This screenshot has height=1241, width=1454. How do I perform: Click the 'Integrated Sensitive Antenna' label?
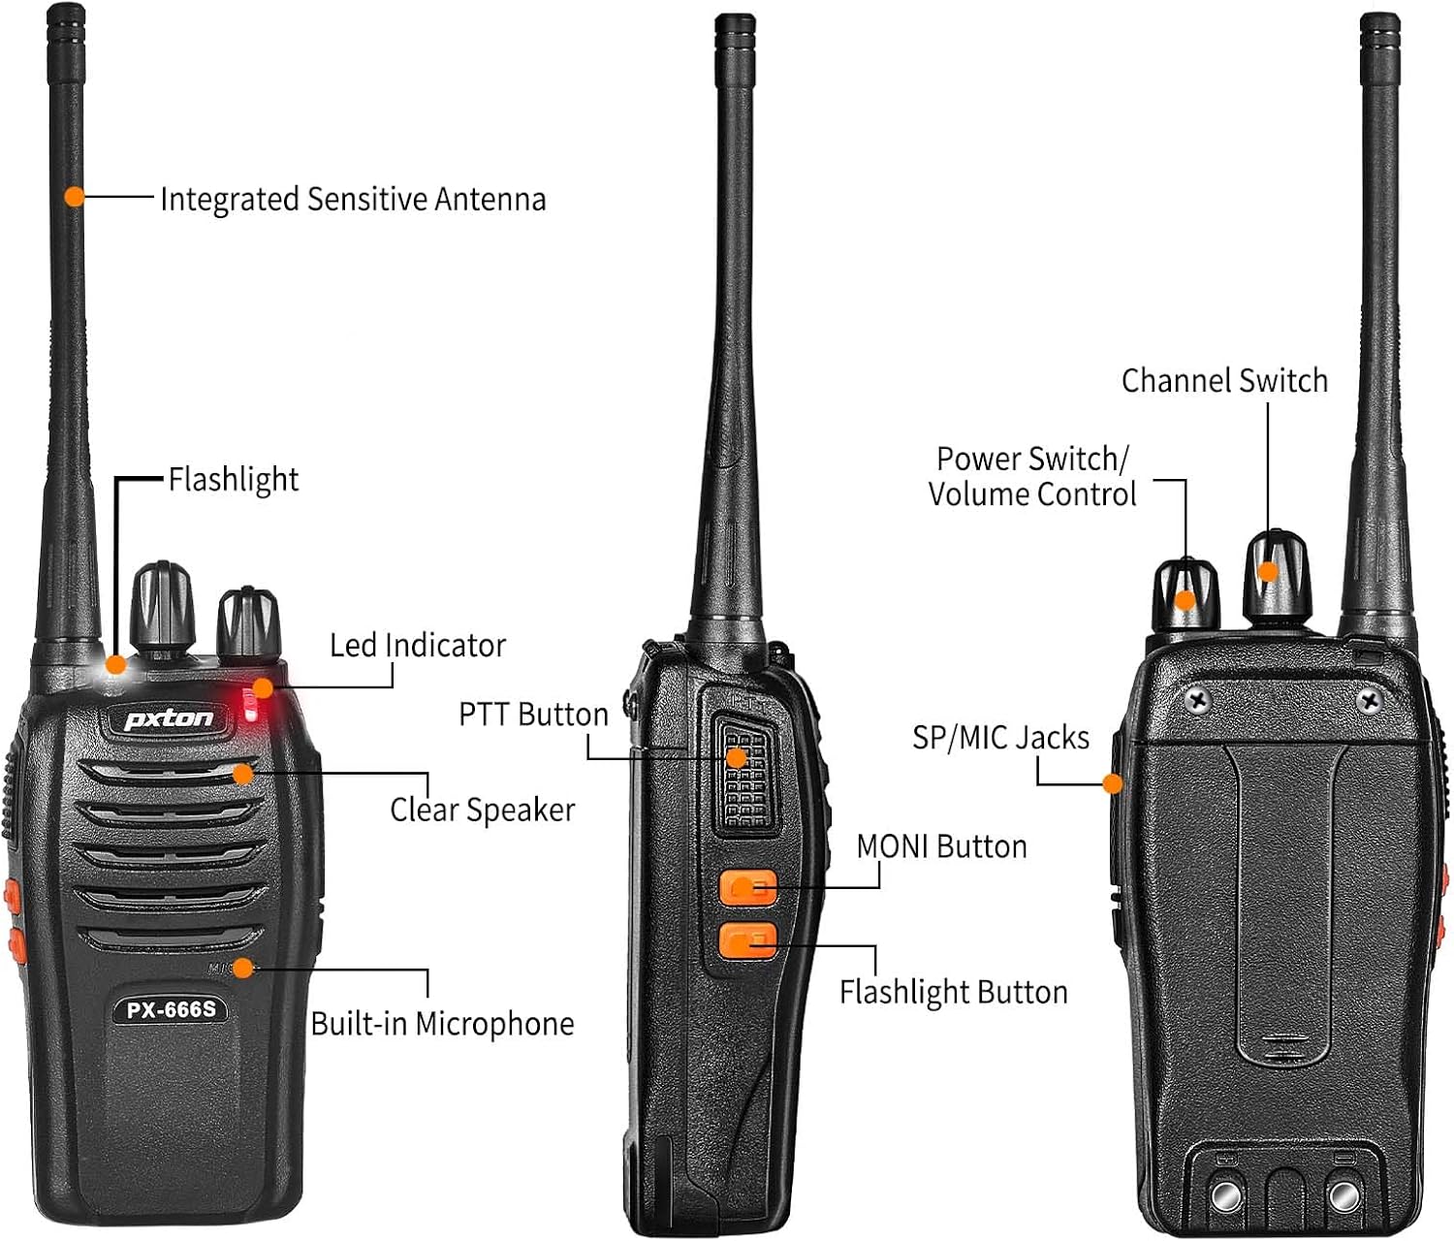pyautogui.click(x=353, y=199)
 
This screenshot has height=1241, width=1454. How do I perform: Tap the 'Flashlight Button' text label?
pyautogui.click(x=953, y=992)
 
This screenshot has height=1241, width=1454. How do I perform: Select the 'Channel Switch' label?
pyautogui.click(x=1224, y=380)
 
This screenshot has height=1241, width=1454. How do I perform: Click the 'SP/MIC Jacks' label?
pyautogui.click(x=1000, y=738)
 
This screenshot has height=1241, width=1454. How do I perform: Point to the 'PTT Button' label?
pyautogui.click(x=533, y=715)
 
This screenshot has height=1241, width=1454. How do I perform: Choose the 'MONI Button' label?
pyautogui.click(x=941, y=846)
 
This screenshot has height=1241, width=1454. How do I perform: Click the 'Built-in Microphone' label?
pyautogui.click(x=442, y=1024)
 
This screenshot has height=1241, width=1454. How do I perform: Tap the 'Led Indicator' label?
pyautogui.click(x=418, y=646)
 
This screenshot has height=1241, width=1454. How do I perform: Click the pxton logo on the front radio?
pyautogui.click(x=169, y=718)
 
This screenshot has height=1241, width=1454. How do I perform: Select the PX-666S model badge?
pyautogui.click(x=171, y=1010)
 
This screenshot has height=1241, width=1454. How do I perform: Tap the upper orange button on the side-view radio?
pyautogui.click(x=747, y=887)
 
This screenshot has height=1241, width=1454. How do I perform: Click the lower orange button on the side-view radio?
pyautogui.click(x=747, y=940)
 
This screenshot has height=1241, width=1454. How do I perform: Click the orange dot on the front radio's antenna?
pyautogui.click(x=75, y=196)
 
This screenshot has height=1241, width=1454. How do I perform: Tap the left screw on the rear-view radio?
pyautogui.click(x=1198, y=699)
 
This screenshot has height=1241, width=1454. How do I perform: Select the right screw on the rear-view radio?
pyautogui.click(x=1371, y=699)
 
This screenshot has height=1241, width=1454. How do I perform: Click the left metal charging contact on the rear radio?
pyautogui.click(x=1227, y=1194)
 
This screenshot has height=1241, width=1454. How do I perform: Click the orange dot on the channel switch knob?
pyautogui.click(x=1267, y=571)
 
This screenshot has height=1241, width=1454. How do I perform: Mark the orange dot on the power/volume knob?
pyautogui.click(x=1185, y=600)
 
